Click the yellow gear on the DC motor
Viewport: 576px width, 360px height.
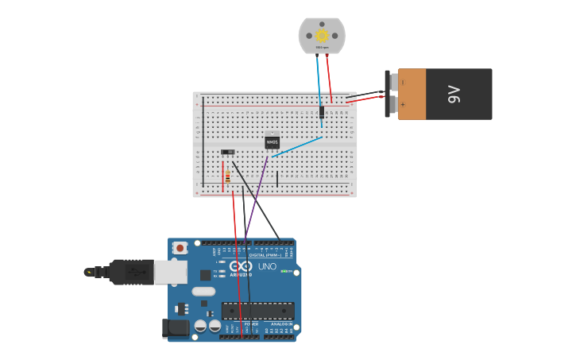(322, 35)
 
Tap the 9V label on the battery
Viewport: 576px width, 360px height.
(454, 94)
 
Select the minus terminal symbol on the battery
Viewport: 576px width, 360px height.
(403, 82)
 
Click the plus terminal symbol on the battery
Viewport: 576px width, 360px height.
(403, 105)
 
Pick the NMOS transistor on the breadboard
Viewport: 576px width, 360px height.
(272, 142)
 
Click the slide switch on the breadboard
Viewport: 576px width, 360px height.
(228, 152)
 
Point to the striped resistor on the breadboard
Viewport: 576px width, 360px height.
(228, 176)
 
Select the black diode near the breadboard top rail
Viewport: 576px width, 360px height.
(322, 112)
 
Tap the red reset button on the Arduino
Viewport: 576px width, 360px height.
(180, 248)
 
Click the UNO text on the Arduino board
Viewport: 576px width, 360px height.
(267, 266)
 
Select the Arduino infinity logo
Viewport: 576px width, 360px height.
(241, 266)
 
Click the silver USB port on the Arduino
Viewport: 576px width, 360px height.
(170, 272)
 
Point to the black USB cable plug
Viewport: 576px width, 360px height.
(131, 272)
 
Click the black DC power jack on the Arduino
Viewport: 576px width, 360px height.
(177, 327)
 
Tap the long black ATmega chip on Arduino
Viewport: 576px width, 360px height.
(257, 311)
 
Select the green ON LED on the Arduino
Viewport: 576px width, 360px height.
(284, 271)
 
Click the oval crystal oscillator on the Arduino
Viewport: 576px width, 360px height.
(203, 291)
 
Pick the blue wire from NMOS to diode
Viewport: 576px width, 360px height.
(298, 146)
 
